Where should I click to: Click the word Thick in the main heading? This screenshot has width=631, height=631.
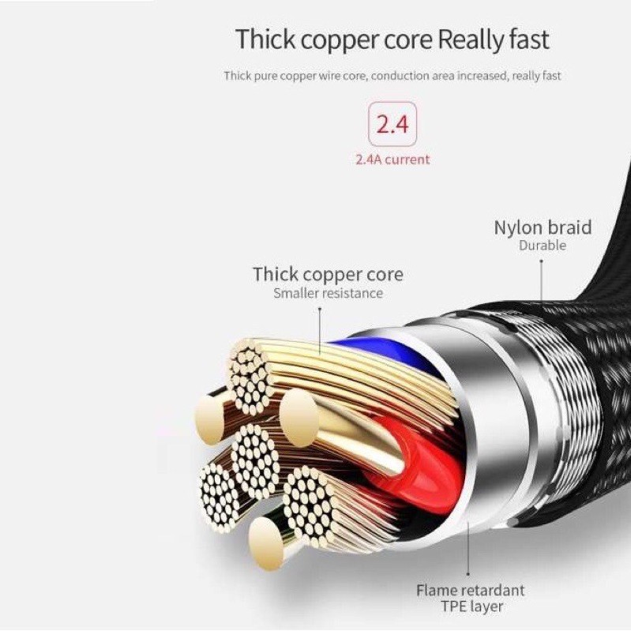click(x=266, y=39)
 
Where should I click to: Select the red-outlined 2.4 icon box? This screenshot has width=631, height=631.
click(x=392, y=125)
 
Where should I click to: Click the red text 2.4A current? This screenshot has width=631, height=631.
click(x=392, y=160)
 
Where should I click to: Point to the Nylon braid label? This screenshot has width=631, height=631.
click(x=543, y=227)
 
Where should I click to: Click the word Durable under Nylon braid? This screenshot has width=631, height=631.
click(x=543, y=246)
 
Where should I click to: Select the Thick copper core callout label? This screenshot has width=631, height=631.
click(x=328, y=274)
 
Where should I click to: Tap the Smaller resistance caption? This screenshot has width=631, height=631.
click(x=328, y=293)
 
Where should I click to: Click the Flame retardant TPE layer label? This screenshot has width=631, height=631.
click(x=470, y=598)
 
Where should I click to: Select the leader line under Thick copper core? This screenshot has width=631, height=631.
click(x=320, y=328)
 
